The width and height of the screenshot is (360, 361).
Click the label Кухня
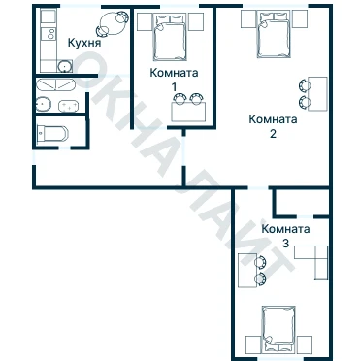84,43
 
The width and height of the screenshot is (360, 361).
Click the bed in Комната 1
170,37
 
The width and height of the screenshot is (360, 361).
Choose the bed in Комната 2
274,35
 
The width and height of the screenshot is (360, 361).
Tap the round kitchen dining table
112,24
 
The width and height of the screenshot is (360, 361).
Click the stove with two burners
49,34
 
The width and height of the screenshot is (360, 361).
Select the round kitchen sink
65,67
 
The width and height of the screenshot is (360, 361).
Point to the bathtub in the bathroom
55,84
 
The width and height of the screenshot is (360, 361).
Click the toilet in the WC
52,134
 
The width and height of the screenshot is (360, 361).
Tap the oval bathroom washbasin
44,104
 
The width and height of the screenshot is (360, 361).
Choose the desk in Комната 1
188,112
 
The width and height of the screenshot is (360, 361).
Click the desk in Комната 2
317,94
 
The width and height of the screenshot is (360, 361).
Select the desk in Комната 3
247,271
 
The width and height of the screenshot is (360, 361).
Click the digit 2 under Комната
273,134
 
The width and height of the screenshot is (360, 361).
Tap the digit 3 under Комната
285,244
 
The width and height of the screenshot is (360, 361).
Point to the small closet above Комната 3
301,202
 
